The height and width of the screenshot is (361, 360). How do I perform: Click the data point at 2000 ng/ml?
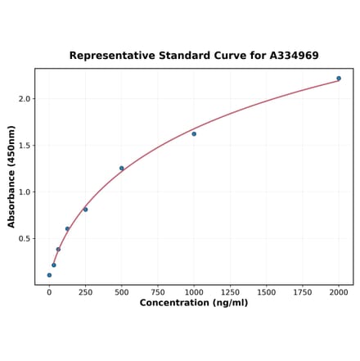point(339,79)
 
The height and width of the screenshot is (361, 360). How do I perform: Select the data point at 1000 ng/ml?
point(194,133)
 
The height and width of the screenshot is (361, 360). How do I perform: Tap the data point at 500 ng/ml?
point(122,169)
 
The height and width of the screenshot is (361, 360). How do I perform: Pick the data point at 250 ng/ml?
point(85,210)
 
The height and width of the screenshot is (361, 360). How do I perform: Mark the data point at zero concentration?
point(49,275)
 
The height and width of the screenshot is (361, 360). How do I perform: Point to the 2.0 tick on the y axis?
point(25,99)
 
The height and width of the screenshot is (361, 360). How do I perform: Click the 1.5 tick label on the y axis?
point(25,146)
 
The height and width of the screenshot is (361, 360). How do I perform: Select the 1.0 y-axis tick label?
point(25,192)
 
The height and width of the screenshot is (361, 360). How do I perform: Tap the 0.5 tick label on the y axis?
point(25,239)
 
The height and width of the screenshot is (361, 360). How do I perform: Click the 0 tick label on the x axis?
point(49,291)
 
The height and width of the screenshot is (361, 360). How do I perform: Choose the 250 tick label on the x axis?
point(85,291)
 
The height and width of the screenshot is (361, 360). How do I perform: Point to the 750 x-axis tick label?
point(158,291)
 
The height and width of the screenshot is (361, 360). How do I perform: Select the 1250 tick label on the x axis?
point(230,291)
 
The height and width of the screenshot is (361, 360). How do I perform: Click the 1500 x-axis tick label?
point(266,291)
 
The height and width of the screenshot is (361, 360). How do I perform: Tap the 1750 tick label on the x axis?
point(303,291)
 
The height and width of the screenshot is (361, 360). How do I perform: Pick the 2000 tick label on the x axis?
point(339,291)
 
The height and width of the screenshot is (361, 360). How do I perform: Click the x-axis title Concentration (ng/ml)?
point(194,303)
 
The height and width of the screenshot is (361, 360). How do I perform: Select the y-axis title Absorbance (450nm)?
point(11,177)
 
